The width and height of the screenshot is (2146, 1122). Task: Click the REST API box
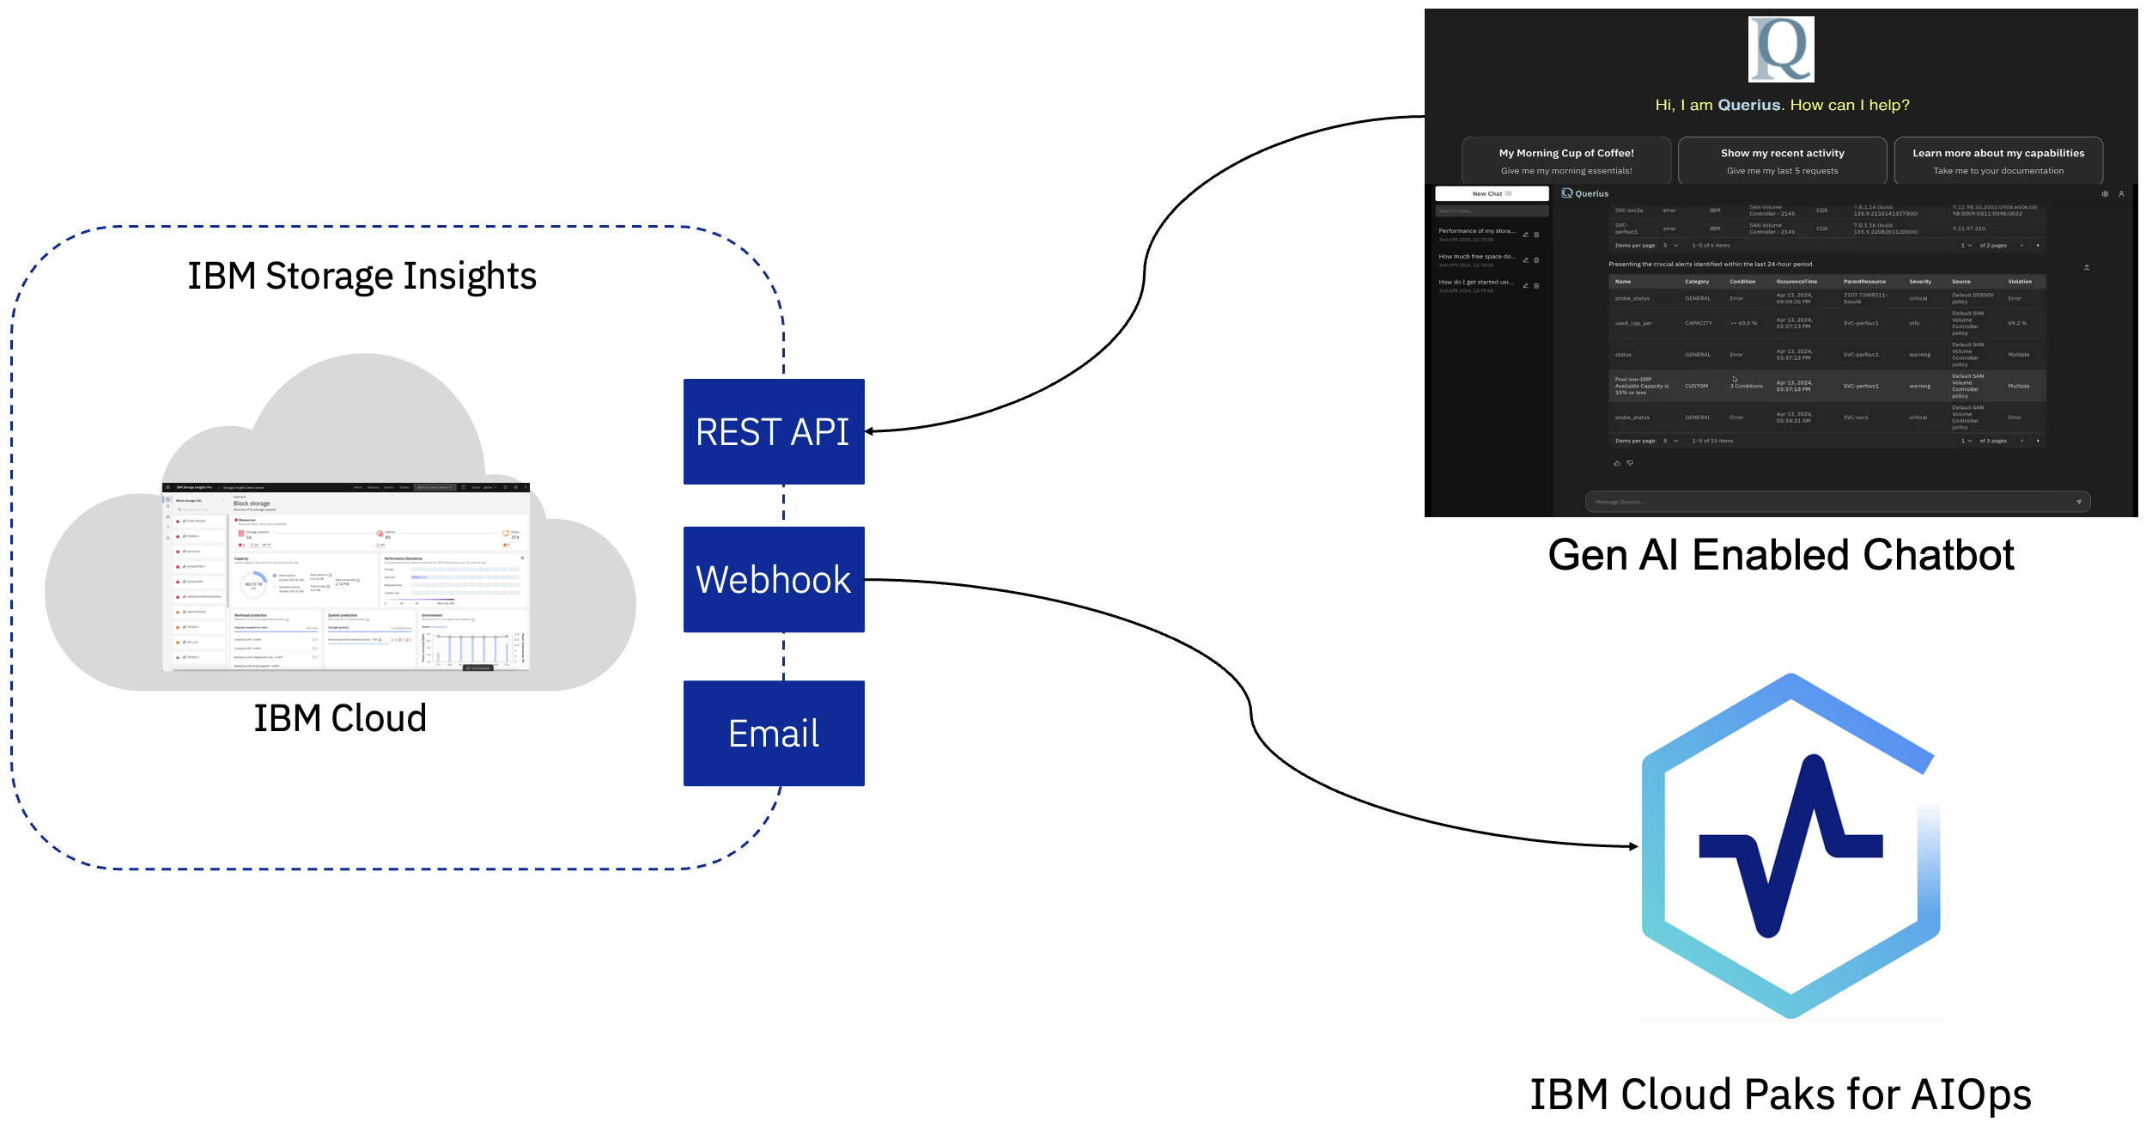point(773,431)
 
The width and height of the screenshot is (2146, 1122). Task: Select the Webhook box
point(773,579)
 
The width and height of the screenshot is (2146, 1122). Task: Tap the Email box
point(773,733)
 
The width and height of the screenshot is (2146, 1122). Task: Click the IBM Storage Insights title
point(362,276)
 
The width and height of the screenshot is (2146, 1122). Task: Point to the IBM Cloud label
point(340,718)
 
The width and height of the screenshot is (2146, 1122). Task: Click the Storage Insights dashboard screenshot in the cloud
point(346,577)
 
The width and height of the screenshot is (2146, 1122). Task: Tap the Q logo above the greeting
point(1781,49)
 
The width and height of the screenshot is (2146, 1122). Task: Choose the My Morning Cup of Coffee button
point(1566,161)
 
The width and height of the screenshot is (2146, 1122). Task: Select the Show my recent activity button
point(1782,161)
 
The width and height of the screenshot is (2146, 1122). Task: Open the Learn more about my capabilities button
point(1998,161)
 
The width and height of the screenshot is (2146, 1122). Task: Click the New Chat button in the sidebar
point(1491,194)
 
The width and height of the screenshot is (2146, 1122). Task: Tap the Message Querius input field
point(1829,502)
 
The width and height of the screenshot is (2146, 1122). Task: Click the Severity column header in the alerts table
point(1920,282)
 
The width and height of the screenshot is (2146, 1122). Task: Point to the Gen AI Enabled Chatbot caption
point(1780,555)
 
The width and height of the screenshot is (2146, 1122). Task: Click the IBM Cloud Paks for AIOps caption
point(1780,1095)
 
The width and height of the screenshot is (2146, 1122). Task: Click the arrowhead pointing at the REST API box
point(870,431)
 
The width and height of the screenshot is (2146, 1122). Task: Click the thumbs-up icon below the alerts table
point(1617,463)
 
